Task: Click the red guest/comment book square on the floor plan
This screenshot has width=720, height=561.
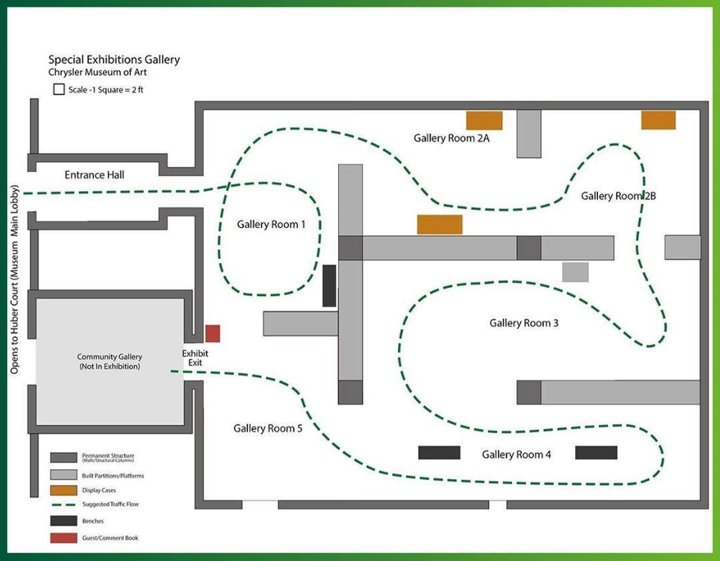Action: click(213, 333)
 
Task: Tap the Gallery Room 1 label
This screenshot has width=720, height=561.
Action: click(271, 225)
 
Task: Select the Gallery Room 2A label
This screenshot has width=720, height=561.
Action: click(451, 138)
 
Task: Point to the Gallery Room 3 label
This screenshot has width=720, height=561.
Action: click(524, 323)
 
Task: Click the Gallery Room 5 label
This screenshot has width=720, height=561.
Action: click(268, 428)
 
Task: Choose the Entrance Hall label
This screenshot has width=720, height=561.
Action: click(94, 175)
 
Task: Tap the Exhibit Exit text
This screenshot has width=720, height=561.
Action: click(195, 358)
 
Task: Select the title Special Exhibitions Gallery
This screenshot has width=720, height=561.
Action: click(114, 60)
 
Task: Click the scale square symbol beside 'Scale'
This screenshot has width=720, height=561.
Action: click(59, 89)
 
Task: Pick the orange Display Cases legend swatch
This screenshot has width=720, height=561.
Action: click(63, 490)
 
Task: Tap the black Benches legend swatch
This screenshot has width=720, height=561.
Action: click(63, 521)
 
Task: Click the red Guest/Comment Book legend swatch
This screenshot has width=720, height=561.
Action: click(63, 538)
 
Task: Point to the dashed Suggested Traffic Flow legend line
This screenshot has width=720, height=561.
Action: click(63, 504)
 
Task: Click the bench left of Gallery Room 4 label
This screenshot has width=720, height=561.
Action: click(439, 452)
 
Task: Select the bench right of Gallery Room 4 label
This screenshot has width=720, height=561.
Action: click(596, 452)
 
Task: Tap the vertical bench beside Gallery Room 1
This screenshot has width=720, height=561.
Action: click(329, 286)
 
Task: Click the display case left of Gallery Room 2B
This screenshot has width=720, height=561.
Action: click(439, 225)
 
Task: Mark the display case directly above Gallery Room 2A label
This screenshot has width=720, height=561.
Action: click(485, 121)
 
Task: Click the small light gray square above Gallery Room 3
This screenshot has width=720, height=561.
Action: click(575, 273)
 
